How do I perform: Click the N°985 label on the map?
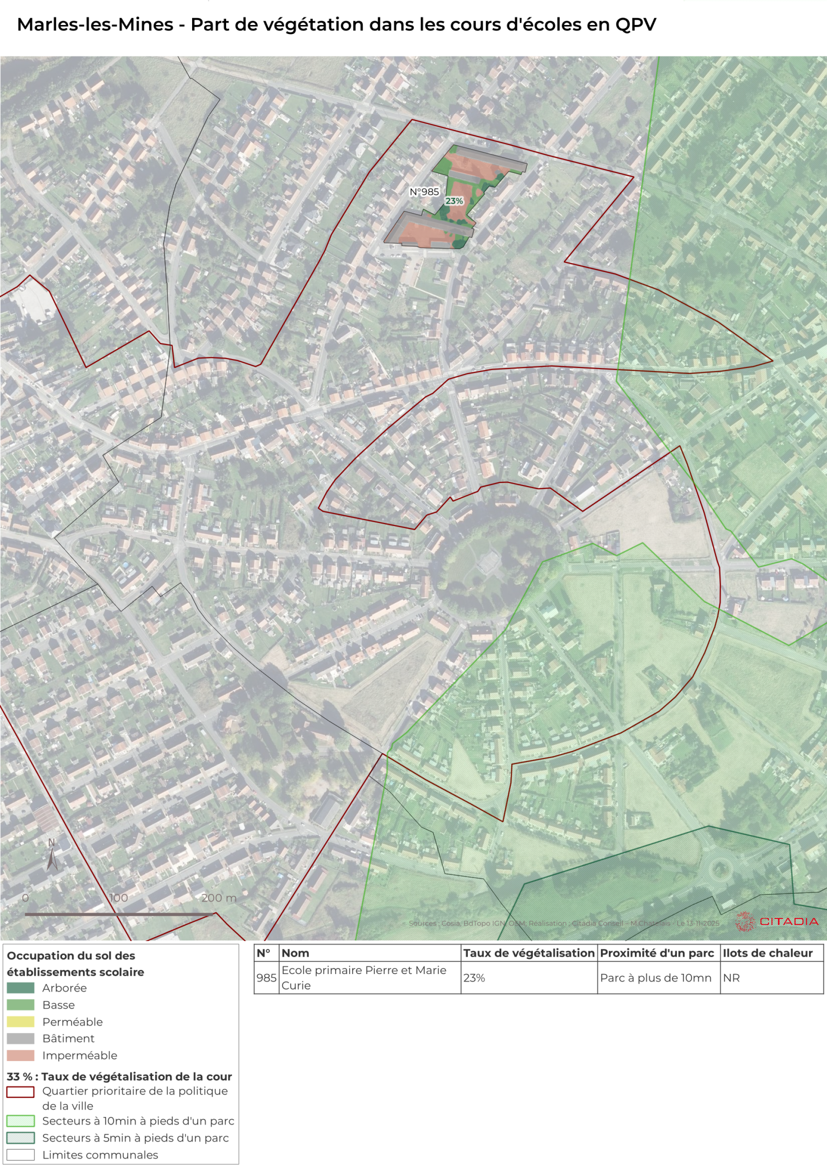[x=424, y=192]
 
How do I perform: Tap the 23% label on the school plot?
[x=454, y=201]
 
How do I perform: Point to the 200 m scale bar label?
[x=219, y=898]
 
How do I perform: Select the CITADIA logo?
[x=777, y=922]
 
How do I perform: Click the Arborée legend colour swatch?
[x=20, y=988]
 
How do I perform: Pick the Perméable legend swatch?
[x=20, y=1022]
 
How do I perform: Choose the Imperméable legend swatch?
[x=20, y=1055]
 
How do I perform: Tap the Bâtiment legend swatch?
[x=20, y=1039]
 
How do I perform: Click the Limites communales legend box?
[x=20, y=1155]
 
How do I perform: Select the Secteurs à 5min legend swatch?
[x=20, y=1138]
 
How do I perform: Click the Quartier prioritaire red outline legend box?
[x=20, y=1092]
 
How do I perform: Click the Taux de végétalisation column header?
[x=529, y=953]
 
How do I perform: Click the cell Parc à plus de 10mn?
[x=655, y=978]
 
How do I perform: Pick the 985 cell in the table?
[x=266, y=978]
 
